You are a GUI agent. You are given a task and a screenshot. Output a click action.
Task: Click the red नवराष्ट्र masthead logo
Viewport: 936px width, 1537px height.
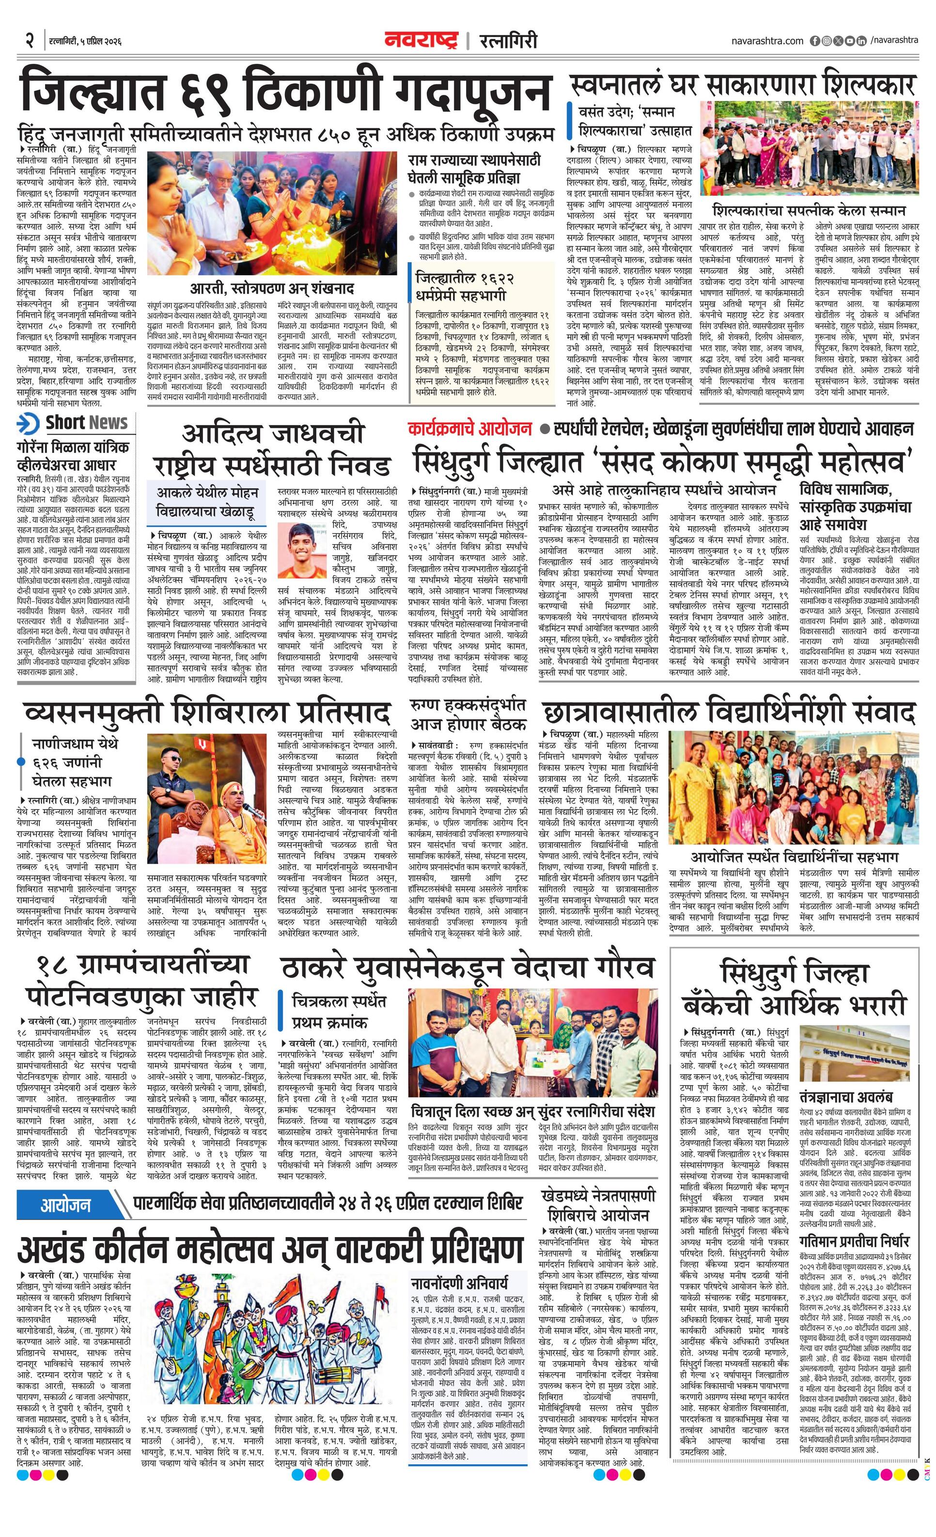pos(421,40)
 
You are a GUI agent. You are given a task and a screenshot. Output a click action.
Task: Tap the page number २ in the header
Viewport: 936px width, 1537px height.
pos(29,41)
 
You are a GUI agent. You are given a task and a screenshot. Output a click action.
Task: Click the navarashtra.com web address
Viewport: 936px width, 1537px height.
pos(767,41)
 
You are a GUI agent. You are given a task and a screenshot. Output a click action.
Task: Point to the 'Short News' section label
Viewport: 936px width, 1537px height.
pos(86,423)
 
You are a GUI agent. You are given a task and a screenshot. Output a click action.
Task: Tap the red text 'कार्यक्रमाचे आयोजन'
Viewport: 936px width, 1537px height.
pos(469,429)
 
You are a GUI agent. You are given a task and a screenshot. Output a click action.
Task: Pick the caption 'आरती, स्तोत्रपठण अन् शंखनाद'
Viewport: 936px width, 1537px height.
pos(272,288)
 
